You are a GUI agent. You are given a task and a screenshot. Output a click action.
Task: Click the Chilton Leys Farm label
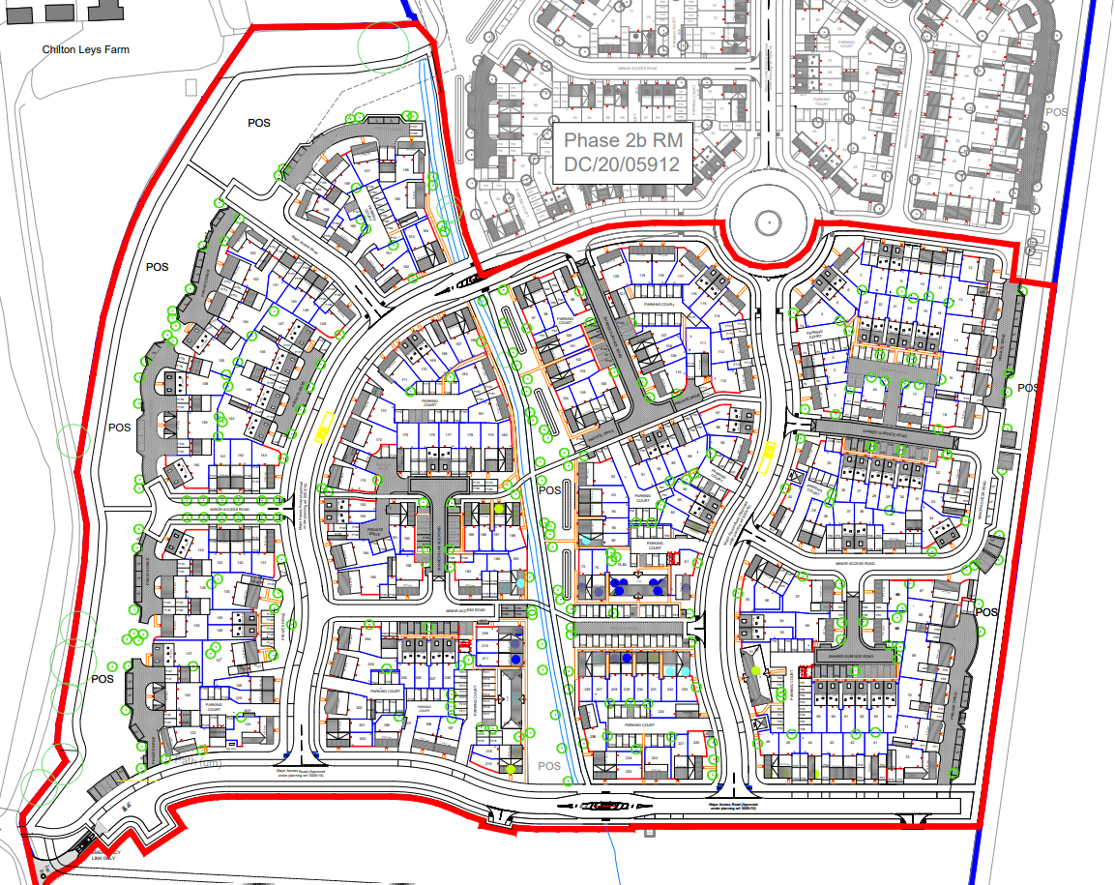[85, 49]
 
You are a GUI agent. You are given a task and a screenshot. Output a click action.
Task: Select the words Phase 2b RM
[622, 141]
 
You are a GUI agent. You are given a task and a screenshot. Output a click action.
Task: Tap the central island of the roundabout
[768, 224]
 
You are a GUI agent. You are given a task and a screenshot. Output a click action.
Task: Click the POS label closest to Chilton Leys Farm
[258, 123]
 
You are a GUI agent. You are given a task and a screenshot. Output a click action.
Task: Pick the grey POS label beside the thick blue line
[1057, 112]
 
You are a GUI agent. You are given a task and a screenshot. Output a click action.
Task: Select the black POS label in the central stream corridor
[549, 490]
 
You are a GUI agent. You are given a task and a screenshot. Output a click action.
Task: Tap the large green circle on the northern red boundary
[383, 44]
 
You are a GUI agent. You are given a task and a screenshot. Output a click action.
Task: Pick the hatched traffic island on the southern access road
[602, 806]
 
